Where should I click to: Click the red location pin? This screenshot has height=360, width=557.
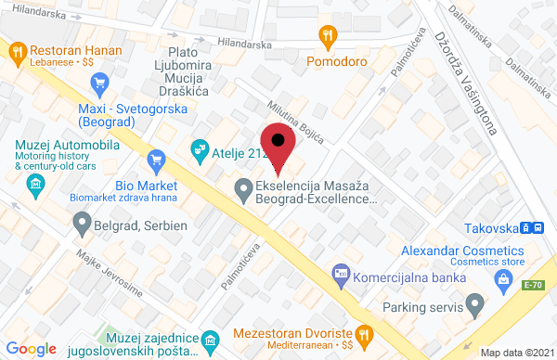[x=278, y=147]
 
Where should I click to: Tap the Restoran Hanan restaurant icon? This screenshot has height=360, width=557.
[x=18, y=53]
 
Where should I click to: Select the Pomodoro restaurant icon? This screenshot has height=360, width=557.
[x=326, y=37]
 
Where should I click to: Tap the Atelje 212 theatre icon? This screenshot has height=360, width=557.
[x=199, y=148]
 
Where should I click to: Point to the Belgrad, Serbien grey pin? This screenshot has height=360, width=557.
[x=82, y=224]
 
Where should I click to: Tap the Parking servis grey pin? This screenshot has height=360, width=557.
[x=475, y=303]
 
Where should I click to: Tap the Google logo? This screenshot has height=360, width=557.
[x=31, y=348]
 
